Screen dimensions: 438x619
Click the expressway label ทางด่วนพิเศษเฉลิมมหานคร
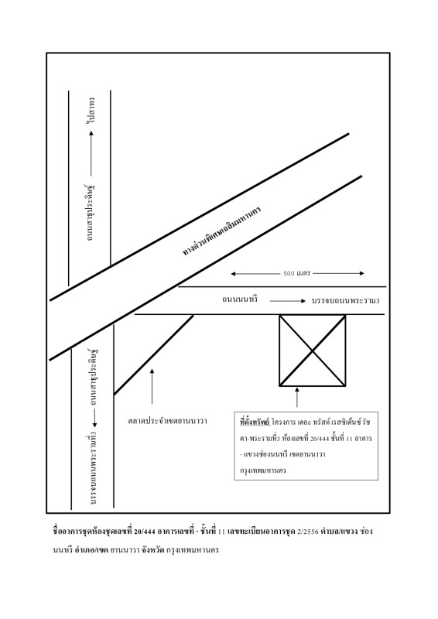pyautogui.click(x=221, y=231)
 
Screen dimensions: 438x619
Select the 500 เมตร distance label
pyautogui.click(x=297, y=273)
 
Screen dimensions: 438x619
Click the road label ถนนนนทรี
pyautogui.click(x=240, y=299)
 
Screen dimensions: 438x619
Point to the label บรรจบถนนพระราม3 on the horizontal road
pyautogui.click(x=346, y=301)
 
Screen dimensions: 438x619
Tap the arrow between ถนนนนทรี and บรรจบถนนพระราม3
pyautogui.click(x=288, y=301)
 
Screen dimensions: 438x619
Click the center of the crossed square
pyautogui.click(x=313, y=351)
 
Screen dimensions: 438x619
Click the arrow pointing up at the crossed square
pyautogui.click(x=297, y=397)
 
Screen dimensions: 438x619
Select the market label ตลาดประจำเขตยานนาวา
pyautogui.click(x=167, y=421)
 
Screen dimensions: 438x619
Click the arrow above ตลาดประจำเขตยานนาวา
pyautogui.click(x=152, y=386)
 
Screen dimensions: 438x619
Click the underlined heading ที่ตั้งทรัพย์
pyautogui.click(x=255, y=422)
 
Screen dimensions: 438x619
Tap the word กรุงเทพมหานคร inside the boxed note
pyautogui.click(x=262, y=470)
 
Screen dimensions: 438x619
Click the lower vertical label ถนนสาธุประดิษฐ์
pyautogui.click(x=93, y=377)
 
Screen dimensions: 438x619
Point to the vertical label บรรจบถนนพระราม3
pyautogui.click(x=93, y=468)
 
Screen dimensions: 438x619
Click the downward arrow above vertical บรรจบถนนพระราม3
pyautogui.click(x=94, y=419)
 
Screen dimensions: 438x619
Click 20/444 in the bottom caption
pyautogui.click(x=144, y=532)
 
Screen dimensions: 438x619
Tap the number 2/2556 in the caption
pyautogui.click(x=307, y=532)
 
